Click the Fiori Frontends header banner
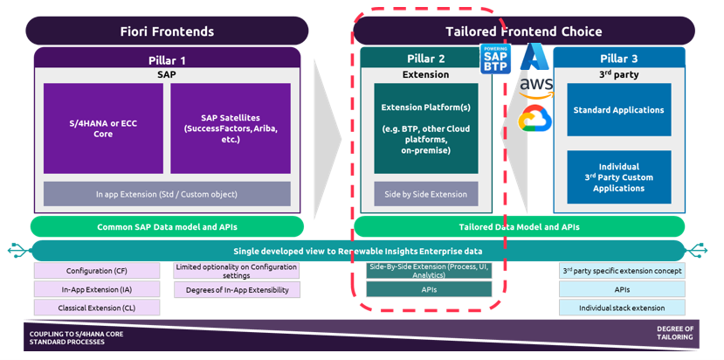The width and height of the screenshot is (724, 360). (167, 31)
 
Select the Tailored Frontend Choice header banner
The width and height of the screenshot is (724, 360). (523, 31)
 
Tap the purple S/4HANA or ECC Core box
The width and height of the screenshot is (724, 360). (103, 128)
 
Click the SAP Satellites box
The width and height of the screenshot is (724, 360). (230, 128)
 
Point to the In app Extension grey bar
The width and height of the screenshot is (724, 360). (166, 194)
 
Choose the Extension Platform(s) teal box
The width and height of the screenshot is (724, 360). (425, 128)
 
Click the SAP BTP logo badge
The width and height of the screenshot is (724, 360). (494, 59)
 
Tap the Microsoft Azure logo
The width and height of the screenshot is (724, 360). (533, 57)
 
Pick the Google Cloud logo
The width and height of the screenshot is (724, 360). (533, 118)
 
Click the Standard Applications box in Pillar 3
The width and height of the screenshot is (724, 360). (618, 110)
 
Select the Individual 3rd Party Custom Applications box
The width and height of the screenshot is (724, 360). (618, 177)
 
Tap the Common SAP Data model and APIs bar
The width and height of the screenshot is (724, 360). (166, 226)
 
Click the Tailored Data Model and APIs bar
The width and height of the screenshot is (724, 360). (519, 226)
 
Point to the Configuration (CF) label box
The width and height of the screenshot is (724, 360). (97, 271)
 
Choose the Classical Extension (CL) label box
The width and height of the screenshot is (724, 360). (97, 308)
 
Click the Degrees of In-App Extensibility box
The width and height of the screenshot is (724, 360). (237, 290)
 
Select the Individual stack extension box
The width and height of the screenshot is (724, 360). (622, 308)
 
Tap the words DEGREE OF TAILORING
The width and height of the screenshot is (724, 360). (674, 333)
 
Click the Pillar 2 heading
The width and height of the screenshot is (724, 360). (425, 59)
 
